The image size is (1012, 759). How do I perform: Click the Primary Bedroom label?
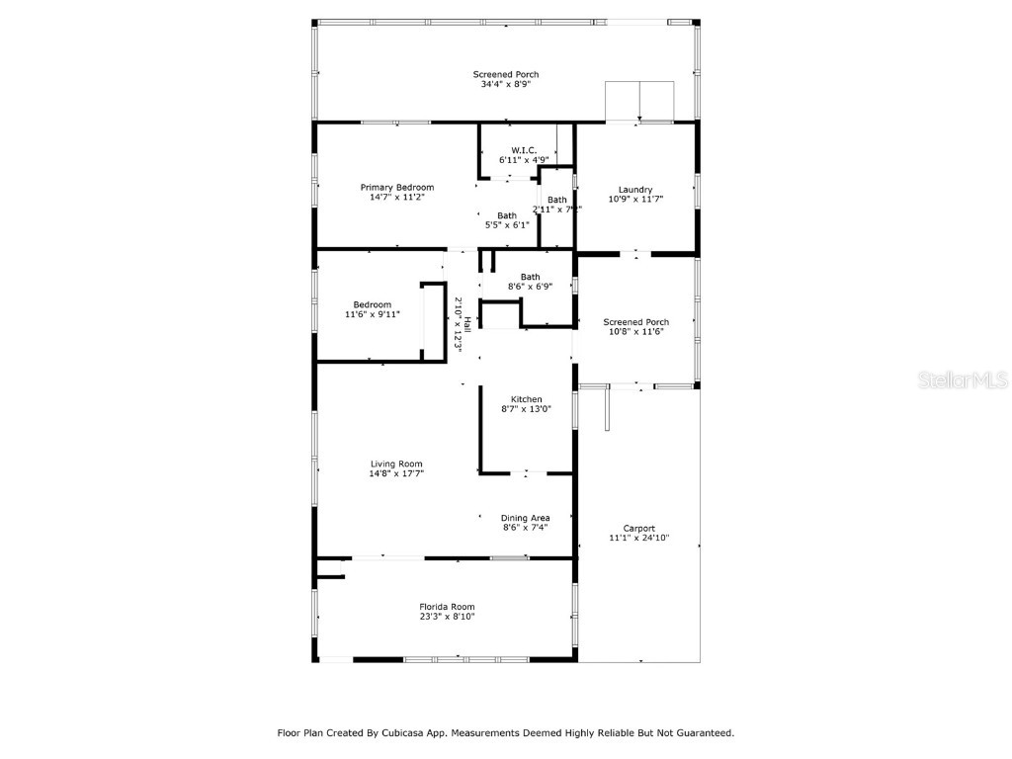396,187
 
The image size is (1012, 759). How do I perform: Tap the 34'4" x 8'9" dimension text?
505,85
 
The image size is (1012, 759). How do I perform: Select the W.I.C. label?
510,150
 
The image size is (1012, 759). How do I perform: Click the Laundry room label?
634,190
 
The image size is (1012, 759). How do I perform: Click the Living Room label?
396,464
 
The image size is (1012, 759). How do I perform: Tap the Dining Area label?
525,518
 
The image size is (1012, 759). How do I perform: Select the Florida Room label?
447,607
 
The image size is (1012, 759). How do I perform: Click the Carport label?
638,529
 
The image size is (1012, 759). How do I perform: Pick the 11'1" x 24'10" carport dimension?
638,539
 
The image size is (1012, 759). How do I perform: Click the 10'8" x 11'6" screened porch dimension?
636,332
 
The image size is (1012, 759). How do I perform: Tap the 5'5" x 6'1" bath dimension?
506,225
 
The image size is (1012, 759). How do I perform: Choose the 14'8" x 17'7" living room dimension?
396,473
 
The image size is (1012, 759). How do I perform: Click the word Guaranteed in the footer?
699,733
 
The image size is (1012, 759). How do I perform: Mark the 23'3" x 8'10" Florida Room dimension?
447,617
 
